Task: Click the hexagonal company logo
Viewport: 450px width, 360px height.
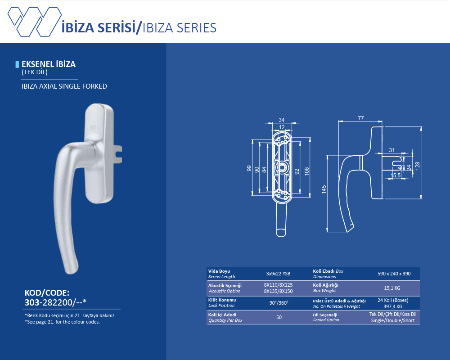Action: (35, 22)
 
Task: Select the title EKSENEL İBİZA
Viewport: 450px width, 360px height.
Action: (49, 64)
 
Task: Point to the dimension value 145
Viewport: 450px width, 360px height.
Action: (324, 189)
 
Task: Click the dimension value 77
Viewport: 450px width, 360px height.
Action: (361, 118)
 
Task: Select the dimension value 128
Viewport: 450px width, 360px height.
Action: (417, 166)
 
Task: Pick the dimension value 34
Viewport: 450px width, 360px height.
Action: (282, 120)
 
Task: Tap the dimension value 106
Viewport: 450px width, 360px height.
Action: (306, 171)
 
